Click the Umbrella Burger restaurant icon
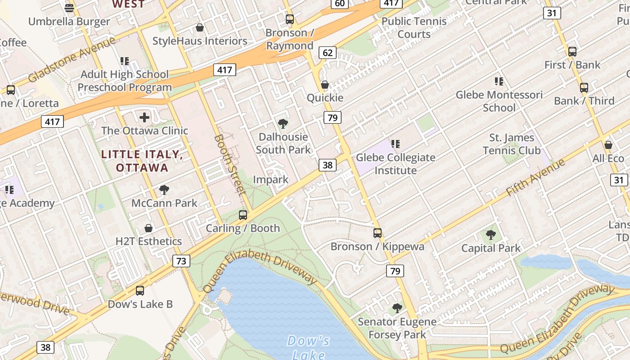point(69,8)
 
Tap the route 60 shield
point(340,4)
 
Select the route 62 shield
point(328,53)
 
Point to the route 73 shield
point(181,261)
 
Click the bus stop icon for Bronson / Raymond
point(290,19)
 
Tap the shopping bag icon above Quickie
point(325,85)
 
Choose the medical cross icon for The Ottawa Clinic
point(144,118)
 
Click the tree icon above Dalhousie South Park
point(283,124)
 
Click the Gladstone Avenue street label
point(72,60)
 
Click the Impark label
point(270,180)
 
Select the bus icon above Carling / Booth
point(243,215)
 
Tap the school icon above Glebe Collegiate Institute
point(396,144)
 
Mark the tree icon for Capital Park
point(491,235)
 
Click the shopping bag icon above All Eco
point(608,145)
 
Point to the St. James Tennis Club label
point(512,144)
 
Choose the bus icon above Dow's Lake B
point(140,291)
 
